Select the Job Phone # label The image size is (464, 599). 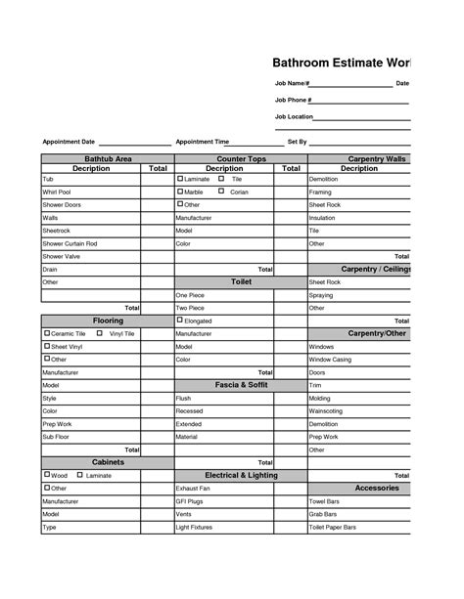tap(294, 100)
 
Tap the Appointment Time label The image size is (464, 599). tap(202, 142)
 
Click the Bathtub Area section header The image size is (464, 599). tap(108, 158)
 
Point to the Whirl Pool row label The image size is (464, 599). tap(57, 193)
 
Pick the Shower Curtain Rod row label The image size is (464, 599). tap(70, 243)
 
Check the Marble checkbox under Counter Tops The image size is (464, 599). tap(180, 192)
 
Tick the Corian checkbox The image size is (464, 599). tap(221, 192)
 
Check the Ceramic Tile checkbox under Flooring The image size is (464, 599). tap(47, 333)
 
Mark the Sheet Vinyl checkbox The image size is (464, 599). tap(47, 346)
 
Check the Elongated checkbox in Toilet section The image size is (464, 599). tap(180, 321)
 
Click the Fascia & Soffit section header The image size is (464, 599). tap(242, 385)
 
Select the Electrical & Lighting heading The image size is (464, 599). tap(242, 475)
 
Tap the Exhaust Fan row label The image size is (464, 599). tap(192, 488)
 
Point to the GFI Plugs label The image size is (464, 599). tap(189, 500)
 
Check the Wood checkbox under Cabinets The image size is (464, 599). tap(47, 475)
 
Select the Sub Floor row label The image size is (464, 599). tap(57, 437)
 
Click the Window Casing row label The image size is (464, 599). tap(331, 360)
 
